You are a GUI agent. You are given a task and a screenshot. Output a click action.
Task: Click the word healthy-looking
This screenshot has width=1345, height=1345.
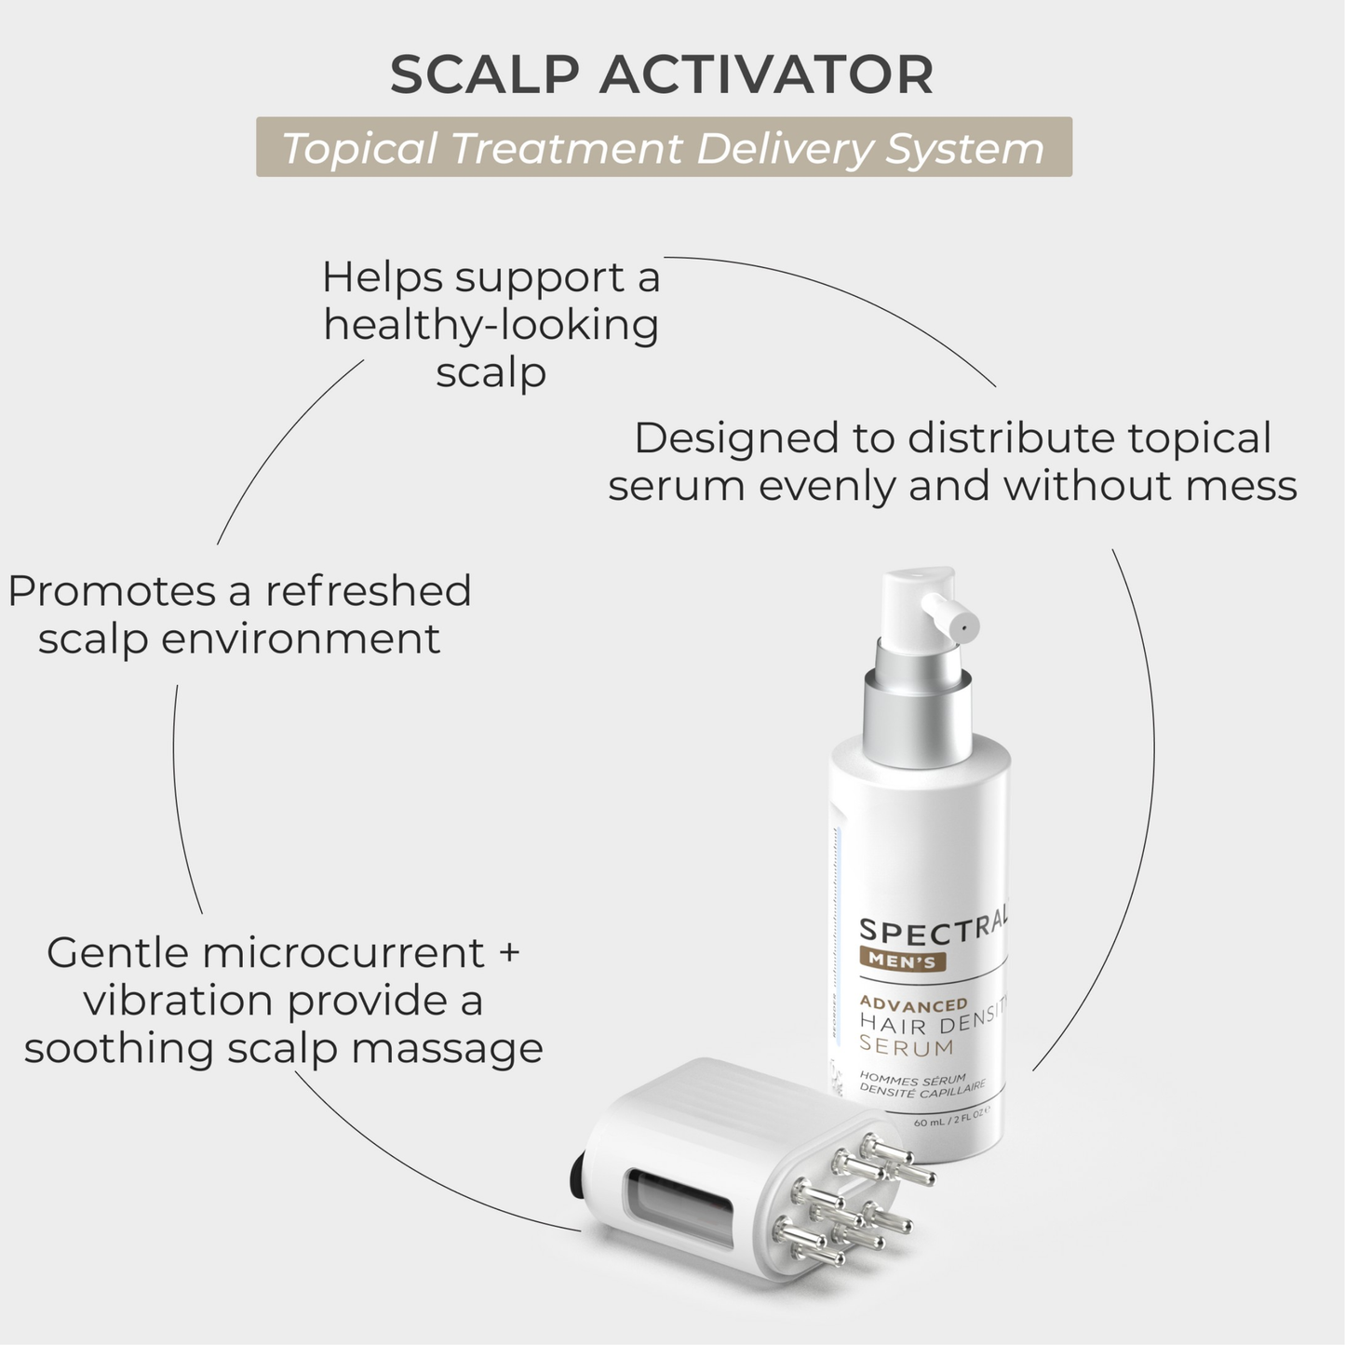[491, 325]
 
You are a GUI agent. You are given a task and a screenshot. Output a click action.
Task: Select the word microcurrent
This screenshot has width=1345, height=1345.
[343, 953]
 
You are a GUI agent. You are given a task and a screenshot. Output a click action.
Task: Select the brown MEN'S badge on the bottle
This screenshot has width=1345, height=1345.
[903, 962]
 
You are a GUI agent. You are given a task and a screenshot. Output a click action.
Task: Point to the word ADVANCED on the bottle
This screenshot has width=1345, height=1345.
[913, 1004]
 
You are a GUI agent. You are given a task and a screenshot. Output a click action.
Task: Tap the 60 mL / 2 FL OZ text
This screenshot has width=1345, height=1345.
[949, 1123]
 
